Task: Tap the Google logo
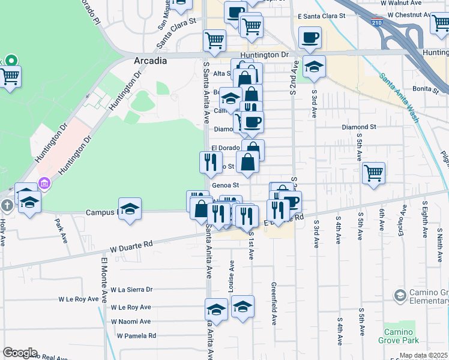[20, 353]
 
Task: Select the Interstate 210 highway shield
[376, 23]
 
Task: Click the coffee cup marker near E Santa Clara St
[310, 37]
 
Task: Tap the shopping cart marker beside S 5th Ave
[373, 173]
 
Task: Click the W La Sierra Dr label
[131, 289]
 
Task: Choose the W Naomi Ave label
[130, 322]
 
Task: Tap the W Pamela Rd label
[136, 335]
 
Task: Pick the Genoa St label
[226, 185]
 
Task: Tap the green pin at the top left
[11, 61]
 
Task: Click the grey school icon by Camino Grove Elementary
[400, 295]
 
